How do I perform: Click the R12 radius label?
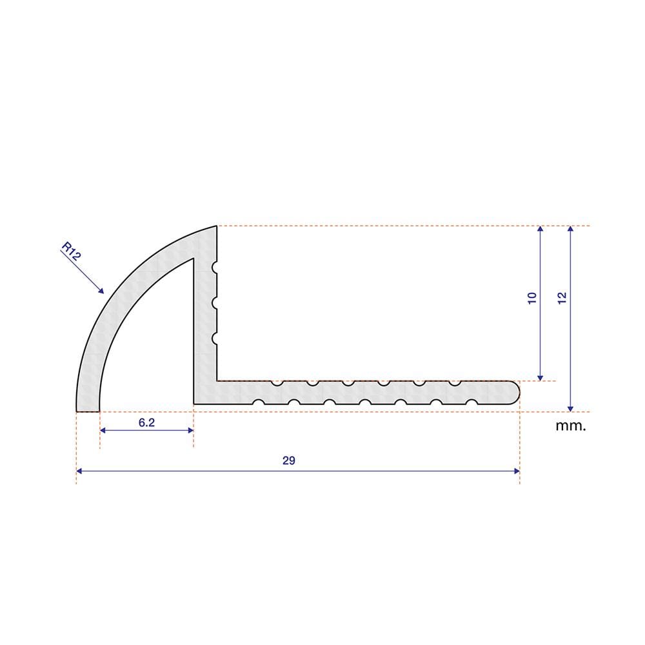[71, 252]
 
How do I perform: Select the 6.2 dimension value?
[146, 422]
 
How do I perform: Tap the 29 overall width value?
[289, 461]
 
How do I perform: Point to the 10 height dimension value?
[532, 298]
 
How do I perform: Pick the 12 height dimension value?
[562, 298]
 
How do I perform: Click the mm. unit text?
[571, 426]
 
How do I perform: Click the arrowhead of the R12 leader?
[101, 292]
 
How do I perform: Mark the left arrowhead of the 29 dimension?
[79, 471]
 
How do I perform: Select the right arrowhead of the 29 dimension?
[517, 471]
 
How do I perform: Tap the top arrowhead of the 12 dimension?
[570, 229]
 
